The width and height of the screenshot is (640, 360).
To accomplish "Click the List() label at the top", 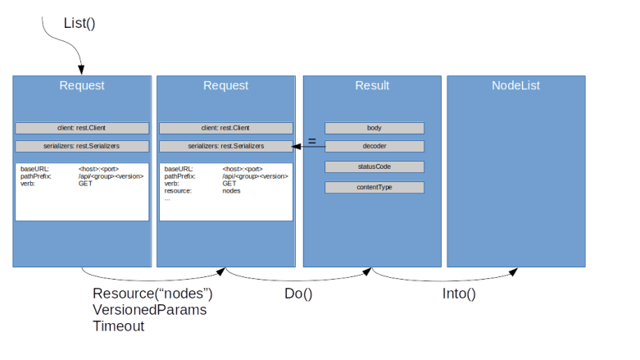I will pos(79,24).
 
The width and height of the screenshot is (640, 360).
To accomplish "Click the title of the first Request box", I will pos(81,86).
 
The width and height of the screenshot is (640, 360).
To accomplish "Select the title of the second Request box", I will pos(225,86).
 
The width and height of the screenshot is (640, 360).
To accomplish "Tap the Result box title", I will pos(372,86).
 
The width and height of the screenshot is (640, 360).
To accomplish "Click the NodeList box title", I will pos(515,86).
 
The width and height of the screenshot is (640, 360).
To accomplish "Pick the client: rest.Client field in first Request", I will pos(82,128).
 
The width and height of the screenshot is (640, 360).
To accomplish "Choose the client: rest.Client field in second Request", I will pos(225,128).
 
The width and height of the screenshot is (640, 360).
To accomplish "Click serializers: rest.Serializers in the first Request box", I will pos(82,146).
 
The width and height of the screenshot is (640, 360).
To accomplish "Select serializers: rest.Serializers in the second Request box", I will pos(225,146).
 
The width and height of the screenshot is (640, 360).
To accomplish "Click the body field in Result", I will pos(374,128).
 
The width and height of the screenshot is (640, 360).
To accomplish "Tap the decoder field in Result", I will pos(374,146).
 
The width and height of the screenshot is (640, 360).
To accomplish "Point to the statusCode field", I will pos(374,167).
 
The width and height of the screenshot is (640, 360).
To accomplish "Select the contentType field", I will pos(374,188).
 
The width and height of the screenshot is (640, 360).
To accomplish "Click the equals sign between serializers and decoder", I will pos(311,143).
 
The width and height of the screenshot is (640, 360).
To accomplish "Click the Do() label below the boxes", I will pos(297,294).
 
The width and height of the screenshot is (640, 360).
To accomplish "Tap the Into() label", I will pos(459,294).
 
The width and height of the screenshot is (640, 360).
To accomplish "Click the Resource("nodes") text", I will pos(153,294).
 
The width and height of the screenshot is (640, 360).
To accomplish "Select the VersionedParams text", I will pos(150,311).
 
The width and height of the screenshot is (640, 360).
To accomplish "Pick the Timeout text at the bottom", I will pos(119,326).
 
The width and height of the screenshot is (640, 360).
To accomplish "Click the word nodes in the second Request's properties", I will pos(232,191).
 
